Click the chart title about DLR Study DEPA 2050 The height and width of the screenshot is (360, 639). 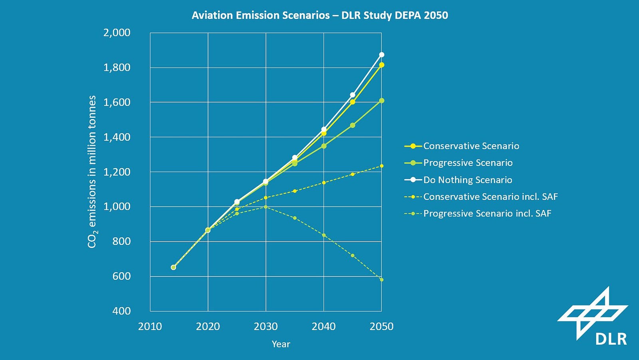319,15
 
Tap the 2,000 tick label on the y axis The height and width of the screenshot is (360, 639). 117,32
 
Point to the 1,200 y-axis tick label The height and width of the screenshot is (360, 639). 117,172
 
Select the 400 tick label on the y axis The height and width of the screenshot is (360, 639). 121,311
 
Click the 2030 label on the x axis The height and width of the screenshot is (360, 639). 266,326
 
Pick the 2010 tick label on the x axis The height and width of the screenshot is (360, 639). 150,326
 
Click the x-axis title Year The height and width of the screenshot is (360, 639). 281,344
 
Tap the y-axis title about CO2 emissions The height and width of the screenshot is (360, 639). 92,172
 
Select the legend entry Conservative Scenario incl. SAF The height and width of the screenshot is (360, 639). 490,197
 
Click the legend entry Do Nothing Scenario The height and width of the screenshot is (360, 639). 467,180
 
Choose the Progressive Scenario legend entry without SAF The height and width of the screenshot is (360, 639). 468,163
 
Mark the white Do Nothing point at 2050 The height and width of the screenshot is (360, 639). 381,55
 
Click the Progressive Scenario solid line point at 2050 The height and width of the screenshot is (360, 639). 381,101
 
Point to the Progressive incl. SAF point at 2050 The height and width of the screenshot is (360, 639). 381,280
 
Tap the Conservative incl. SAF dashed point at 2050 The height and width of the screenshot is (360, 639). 381,166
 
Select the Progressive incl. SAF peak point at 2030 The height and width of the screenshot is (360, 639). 266,207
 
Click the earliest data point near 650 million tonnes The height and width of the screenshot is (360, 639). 173,267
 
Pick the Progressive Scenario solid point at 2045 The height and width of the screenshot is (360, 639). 353,125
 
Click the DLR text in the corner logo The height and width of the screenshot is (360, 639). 611,339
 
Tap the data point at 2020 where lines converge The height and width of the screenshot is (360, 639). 208,230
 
